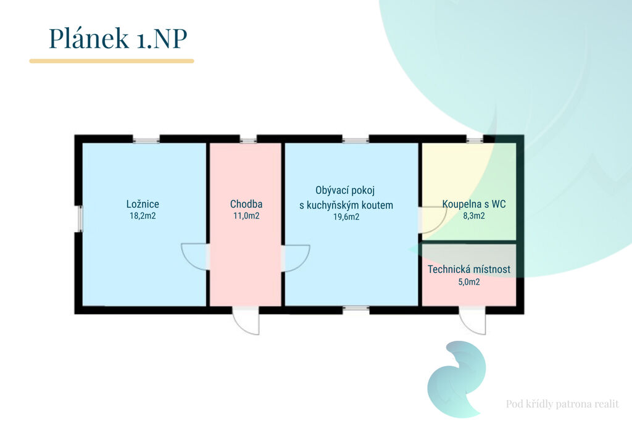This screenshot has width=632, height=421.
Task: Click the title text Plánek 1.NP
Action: (x=118, y=38)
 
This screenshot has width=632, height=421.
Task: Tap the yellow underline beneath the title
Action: (x=112, y=61)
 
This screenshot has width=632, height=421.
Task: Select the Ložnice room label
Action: (x=143, y=204)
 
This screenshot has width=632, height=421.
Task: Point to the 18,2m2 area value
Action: (x=143, y=216)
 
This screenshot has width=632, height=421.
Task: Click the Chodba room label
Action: (x=246, y=204)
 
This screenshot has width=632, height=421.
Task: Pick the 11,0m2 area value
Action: (x=246, y=216)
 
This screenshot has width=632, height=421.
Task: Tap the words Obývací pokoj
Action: (x=345, y=191)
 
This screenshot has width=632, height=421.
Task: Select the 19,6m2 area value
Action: (x=346, y=217)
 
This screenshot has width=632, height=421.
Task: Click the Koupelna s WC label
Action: (x=474, y=204)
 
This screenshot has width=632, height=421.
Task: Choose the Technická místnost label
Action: (x=469, y=270)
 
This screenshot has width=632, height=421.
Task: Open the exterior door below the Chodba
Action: (x=246, y=320)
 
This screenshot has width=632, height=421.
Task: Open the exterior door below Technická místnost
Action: (x=473, y=320)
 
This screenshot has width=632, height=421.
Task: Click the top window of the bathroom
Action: (x=475, y=140)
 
